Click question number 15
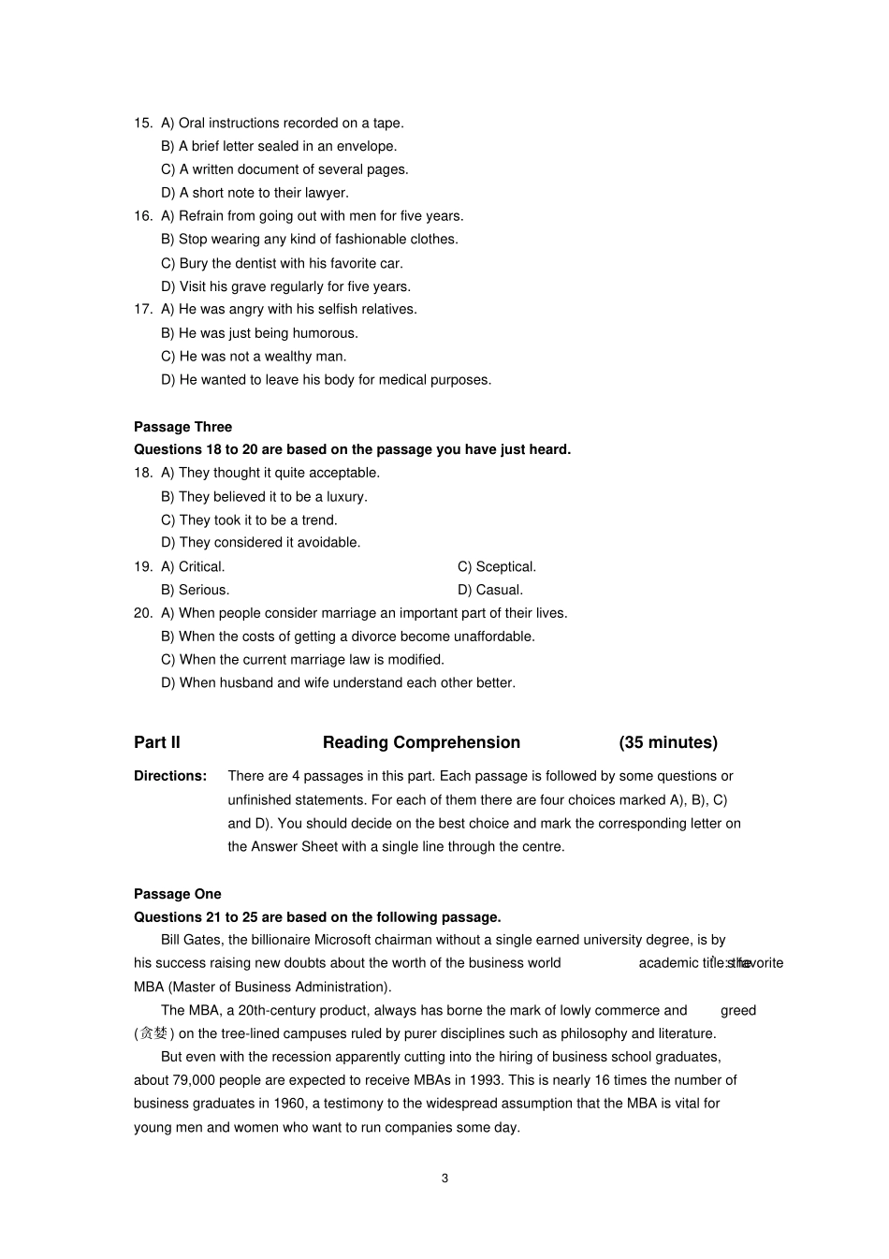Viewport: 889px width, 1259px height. [x=142, y=123]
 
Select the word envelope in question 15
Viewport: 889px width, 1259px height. [x=366, y=146]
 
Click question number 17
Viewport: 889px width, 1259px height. [x=142, y=309]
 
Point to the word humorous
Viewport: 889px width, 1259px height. [x=326, y=332]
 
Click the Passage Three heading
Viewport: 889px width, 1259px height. [x=182, y=427]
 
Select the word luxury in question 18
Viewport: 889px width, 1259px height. [x=345, y=496]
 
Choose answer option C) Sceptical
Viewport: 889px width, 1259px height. [x=497, y=566]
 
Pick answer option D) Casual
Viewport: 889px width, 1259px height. [x=490, y=590]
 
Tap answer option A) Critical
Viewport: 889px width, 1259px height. [x=193, y=566]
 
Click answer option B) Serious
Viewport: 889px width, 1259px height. [x=195, y=590]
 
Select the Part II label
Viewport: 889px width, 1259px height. [x=157, y=742]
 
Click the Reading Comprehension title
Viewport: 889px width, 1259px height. [x=421, y=742]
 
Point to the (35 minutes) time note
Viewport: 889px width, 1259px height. [x=668, y=742]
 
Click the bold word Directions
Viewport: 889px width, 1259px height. [x=170, y=776]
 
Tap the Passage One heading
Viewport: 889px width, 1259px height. [x=178, y=894]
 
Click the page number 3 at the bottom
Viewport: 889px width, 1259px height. [x=444, y=1178]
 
